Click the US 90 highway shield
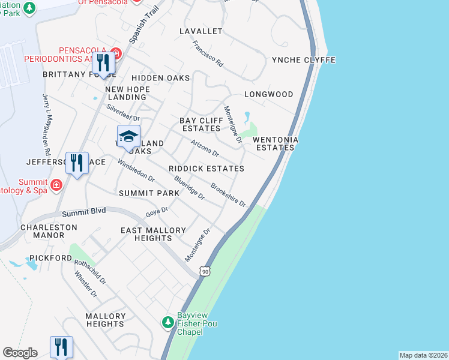coord(205,272)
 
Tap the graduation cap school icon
coord(128,137)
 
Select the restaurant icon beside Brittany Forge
coord(103,63)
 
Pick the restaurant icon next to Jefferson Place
coord(76,163)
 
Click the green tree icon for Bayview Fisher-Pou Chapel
coord(168,323)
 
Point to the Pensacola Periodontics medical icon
coord(116,53)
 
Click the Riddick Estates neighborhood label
coord(206,169)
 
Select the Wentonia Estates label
coord(275,143)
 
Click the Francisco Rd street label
coord(208,53)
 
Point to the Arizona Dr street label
coord(204,148)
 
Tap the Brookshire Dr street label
coord(229,195)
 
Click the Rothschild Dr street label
coord(90,272)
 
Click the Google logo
coord(20,353)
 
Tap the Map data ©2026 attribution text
coord(423,355)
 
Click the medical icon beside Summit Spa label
coord(56,184)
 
